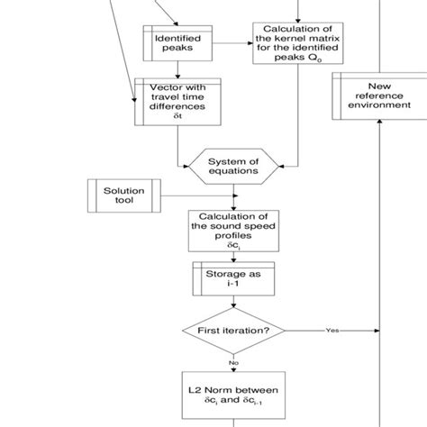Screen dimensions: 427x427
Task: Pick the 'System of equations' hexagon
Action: [234, 164]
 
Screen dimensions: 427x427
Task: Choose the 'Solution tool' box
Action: [123, 196]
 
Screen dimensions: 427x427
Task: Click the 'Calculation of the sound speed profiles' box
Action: [234, 230]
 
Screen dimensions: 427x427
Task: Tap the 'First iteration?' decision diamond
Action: [234, 330]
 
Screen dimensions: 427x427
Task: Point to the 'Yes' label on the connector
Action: [332, 330]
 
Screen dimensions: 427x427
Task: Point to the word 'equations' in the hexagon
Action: [234, 170]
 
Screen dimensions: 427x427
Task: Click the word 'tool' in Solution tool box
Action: [123, 203]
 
